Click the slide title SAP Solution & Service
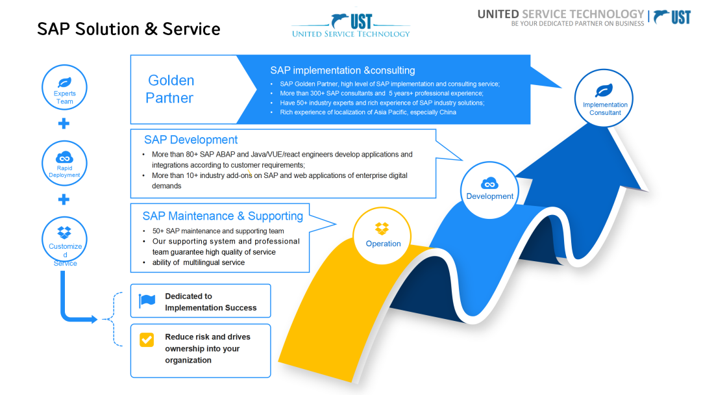(129, 29)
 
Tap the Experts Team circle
(64, 88)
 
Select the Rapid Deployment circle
(64, 162)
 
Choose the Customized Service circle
(65, 240)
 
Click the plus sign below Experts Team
(64, 124)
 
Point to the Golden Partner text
(170, 89)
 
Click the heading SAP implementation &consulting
(343, 70)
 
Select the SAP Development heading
(191, 140)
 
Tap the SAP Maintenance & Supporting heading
(223, 216)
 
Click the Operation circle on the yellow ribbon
(383, 235)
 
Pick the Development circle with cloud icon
(489, 188)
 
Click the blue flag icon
(147, 301)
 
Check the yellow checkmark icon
(147, 339)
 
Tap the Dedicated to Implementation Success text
(210, 302)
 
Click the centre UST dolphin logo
(350, 24)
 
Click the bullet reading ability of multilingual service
(198, 262)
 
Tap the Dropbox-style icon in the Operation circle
(382, 229)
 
